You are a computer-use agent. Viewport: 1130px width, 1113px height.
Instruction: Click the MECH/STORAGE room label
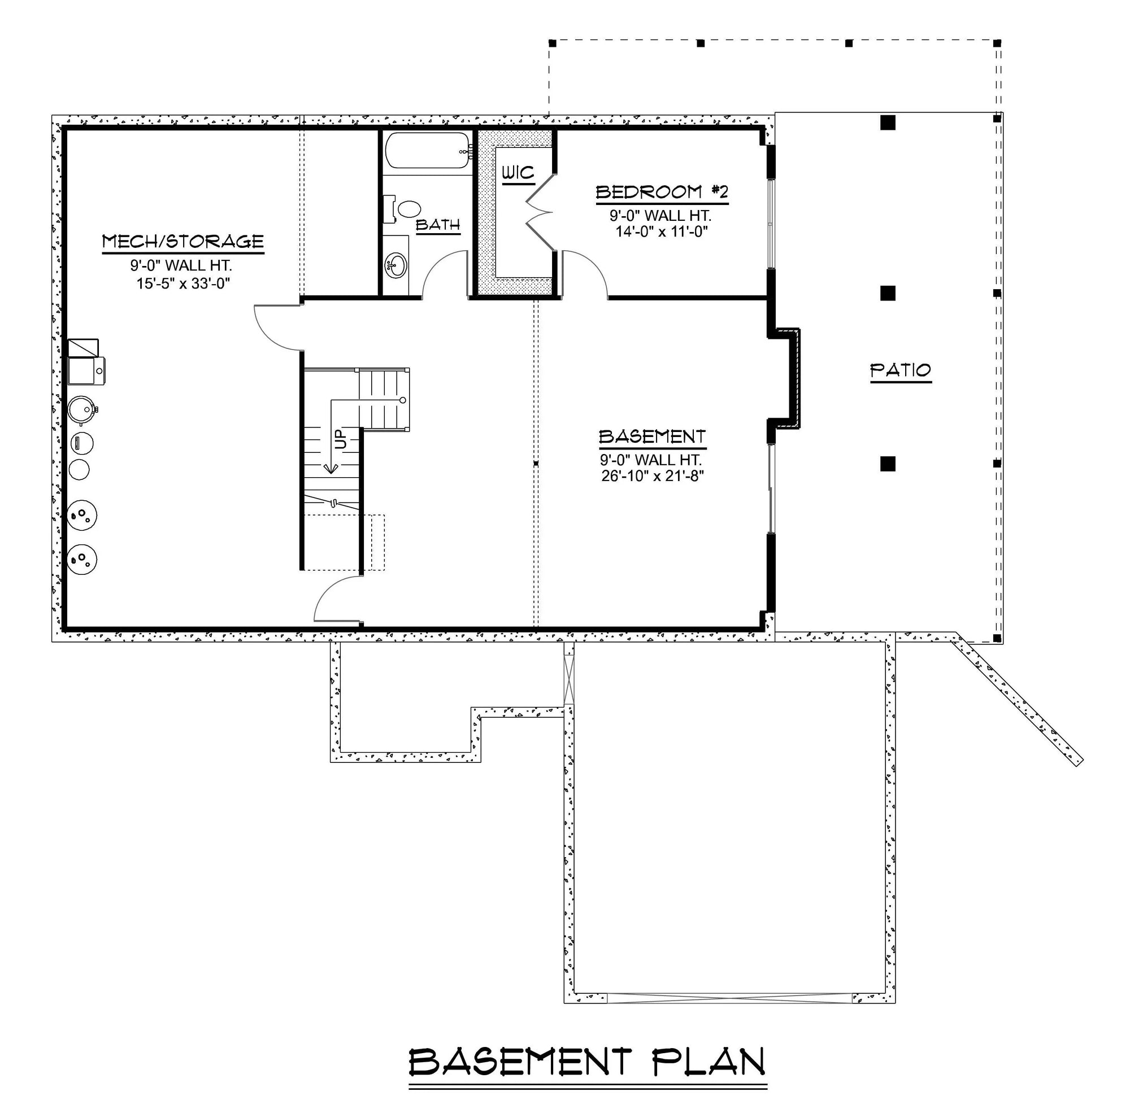(x=183, y=242)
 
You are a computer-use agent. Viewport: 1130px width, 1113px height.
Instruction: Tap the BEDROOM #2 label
(x=662, y=193)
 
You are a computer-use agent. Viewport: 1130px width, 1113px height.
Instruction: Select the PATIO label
(x=900, y=370)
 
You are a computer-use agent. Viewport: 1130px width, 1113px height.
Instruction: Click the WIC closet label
(x=518, y=173)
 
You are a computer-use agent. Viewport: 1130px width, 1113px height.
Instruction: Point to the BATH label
(x=437, y=225)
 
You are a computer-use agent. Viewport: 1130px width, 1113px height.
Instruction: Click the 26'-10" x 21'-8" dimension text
(x=652, y=477)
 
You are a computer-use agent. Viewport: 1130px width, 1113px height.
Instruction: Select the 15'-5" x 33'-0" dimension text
(x=183, y=283)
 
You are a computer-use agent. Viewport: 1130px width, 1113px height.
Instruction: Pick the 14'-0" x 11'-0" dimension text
(x=662, y=232)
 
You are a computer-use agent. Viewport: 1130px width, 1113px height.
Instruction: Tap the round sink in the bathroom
(x=397, y=266)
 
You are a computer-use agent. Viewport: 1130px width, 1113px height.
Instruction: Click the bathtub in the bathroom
(x=427, y=151)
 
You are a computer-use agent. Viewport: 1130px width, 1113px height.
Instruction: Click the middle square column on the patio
(x=888, y=293)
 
